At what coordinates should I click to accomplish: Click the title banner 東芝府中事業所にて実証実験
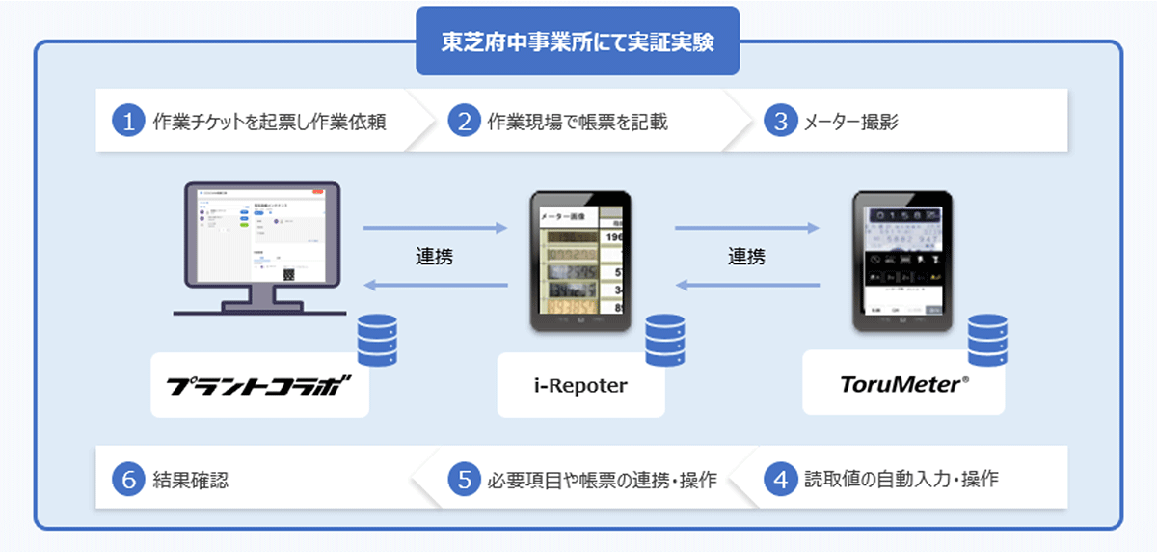(x=578, y=41)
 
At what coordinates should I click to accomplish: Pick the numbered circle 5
(x=464, y=479)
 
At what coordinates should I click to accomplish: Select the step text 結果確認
(x=190, y=479)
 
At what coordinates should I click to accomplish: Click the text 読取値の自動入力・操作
(x=901, y=479)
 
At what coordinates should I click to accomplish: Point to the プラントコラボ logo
(x=259, y=385)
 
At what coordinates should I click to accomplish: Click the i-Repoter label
(x=580, y=386)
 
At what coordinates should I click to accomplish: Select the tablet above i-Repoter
(x=579, y=261)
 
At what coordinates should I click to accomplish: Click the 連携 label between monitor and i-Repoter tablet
(x=435, y=257)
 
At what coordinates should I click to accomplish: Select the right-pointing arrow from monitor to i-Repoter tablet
(x=435, y=229)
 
